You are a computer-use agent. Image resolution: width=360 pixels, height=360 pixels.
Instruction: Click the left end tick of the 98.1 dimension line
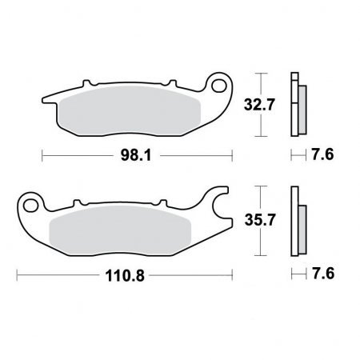click(x=41, y=155)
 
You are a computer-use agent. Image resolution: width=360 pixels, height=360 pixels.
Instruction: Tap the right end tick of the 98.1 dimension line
click(x=232, y=155)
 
